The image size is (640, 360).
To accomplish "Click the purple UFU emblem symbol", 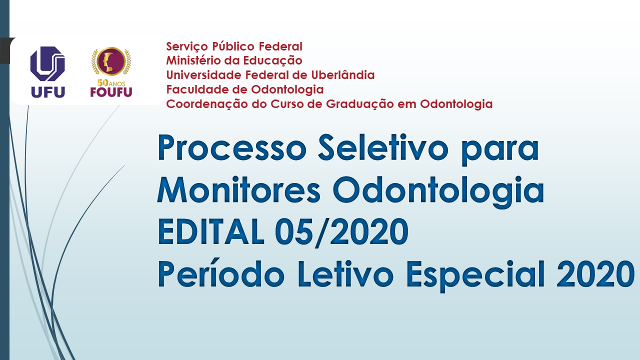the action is [47, 63].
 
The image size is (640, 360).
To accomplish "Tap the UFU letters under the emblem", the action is [48, 92].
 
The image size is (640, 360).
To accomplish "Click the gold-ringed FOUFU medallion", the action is [111, 61].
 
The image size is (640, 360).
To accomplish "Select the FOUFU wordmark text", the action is [111, 92].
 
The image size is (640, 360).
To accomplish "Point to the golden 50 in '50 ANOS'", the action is [103, 83].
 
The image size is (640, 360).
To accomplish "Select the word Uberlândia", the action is [343, 75].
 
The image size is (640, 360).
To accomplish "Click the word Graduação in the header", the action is [359, 104].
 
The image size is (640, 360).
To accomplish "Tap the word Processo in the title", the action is [232, 148].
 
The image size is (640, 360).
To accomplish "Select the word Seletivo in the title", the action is [383, 148].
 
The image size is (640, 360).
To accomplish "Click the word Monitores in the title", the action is [239, 189].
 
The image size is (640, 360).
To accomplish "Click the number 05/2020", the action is [341, 232].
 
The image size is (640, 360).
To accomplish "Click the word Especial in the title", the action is [475, 275].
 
